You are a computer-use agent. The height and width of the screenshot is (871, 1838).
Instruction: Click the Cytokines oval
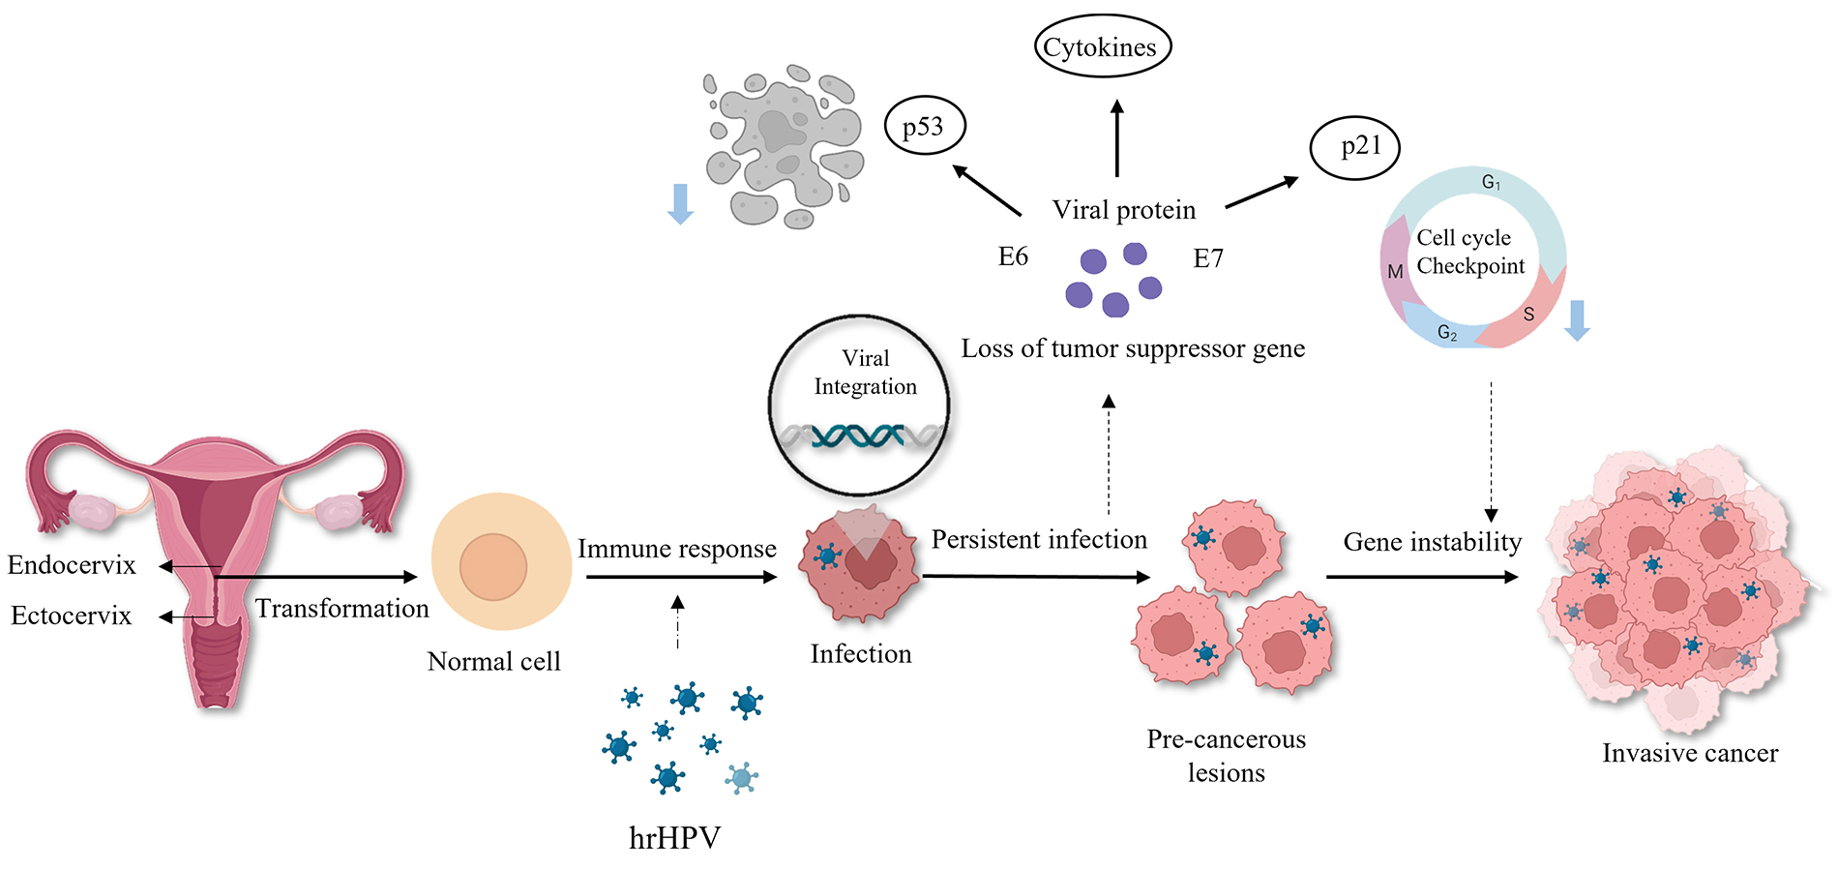(1102, 47)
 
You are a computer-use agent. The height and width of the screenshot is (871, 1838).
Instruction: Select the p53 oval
(925, 127)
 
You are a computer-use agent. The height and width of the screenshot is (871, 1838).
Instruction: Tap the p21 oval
(1354, 148)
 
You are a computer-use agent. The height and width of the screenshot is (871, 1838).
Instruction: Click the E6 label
(1013, 256)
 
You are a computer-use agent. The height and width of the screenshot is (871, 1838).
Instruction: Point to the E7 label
(1208, 258)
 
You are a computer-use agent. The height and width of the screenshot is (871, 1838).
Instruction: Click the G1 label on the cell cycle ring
(1491, 182)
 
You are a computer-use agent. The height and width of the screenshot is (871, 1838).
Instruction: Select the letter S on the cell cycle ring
(1528, 315)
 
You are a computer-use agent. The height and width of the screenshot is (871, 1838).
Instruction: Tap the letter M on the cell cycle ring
(1395, 272)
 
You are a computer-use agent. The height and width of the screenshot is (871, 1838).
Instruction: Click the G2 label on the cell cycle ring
(1447, 333)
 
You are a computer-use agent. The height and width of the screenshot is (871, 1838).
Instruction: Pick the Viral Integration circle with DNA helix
(859, 405)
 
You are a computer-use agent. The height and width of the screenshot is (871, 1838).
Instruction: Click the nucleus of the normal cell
(493, 567)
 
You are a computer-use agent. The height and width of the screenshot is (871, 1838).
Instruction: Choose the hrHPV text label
(674, 837)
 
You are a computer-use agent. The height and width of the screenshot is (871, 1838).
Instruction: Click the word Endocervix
(72, 565)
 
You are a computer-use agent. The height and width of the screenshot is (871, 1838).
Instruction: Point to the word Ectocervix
(71, 616)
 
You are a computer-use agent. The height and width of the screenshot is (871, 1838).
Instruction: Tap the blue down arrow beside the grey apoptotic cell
(680, 204)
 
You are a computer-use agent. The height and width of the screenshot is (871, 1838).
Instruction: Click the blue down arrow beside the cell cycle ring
(1577, 320)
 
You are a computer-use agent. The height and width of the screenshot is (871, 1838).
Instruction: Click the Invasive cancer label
(1689, 753)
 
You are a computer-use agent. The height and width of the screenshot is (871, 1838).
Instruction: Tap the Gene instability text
(1432, 542)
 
